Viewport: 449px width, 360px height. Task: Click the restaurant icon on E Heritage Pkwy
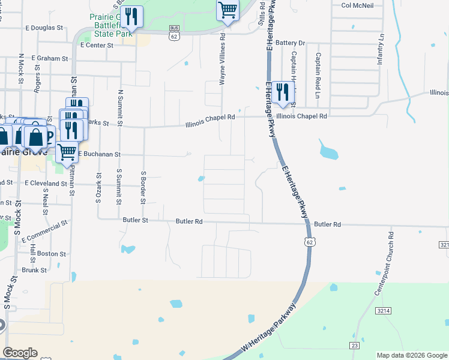[281, 93]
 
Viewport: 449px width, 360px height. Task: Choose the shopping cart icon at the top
[228, 10]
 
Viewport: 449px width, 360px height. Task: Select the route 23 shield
[355, 345]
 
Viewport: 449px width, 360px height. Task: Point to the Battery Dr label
[291, 43]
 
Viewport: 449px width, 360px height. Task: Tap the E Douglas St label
[44, 28]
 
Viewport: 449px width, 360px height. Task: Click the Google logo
[20, 353]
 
